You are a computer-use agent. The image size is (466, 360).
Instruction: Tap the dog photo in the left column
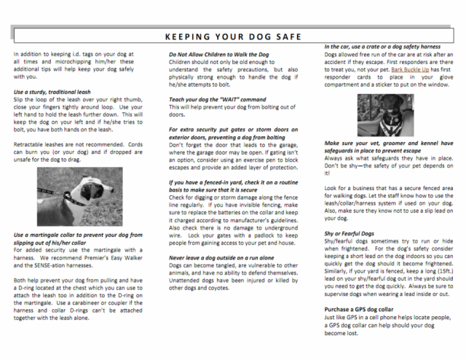tap(70, 198)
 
